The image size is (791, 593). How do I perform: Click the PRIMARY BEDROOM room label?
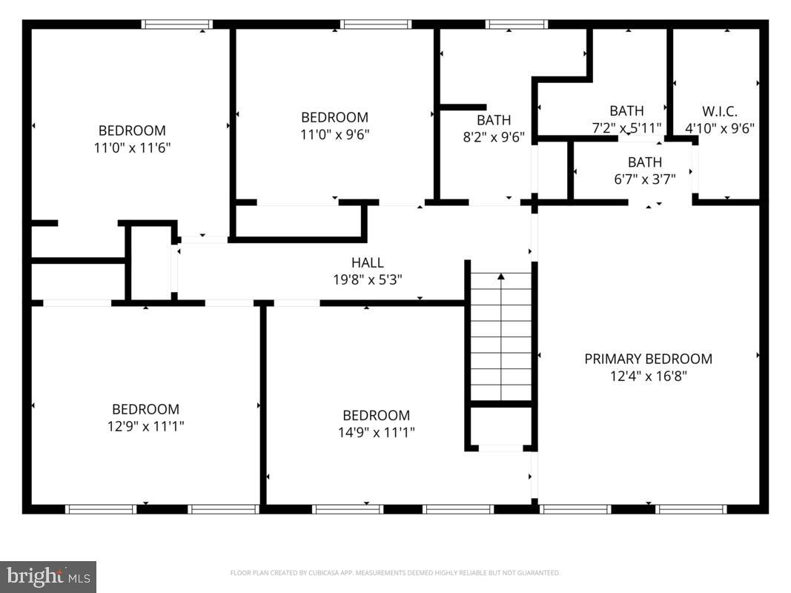pos(648,359)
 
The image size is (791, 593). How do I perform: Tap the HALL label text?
pos(368,262)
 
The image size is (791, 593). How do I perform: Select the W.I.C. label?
pos(719,111)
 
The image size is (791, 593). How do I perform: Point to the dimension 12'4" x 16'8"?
pos(648,376)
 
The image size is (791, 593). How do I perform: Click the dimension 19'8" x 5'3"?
pos(368,279)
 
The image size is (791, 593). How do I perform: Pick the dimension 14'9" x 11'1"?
pos(376,432)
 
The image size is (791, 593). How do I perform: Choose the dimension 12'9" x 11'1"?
pos(145,426)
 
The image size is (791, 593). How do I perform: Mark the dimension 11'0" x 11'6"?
pos(132,148)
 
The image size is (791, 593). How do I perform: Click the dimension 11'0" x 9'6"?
pos(334,134)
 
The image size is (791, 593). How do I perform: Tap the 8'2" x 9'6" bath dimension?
pos(493,136)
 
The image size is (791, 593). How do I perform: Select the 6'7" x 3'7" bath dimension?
pos(644,179)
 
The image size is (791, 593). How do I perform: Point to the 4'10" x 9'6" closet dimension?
pos(719,128)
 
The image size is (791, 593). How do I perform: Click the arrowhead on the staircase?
pos(501,277)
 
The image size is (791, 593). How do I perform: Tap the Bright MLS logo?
pos(48,576)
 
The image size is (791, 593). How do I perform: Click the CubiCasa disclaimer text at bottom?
pos(395,573)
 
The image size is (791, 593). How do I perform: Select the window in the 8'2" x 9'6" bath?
pos(516,24)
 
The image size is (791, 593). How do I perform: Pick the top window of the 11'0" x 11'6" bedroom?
pos(177,24)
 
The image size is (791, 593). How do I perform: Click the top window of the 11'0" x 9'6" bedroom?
pos(376,24)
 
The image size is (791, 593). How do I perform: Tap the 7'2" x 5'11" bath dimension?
pos(626,128)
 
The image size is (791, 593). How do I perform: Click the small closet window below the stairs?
pos(500,448)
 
